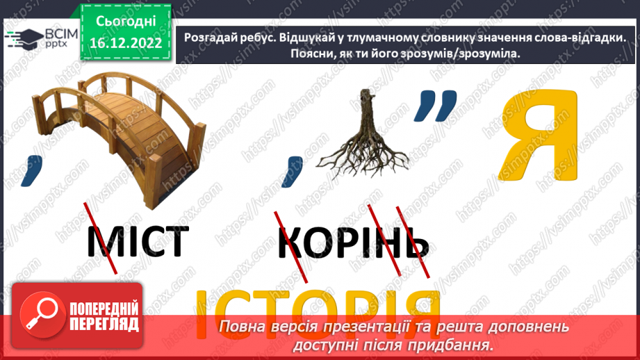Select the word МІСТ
[x=138, y=240]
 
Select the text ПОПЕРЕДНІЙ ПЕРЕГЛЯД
[x=104, y=316]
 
